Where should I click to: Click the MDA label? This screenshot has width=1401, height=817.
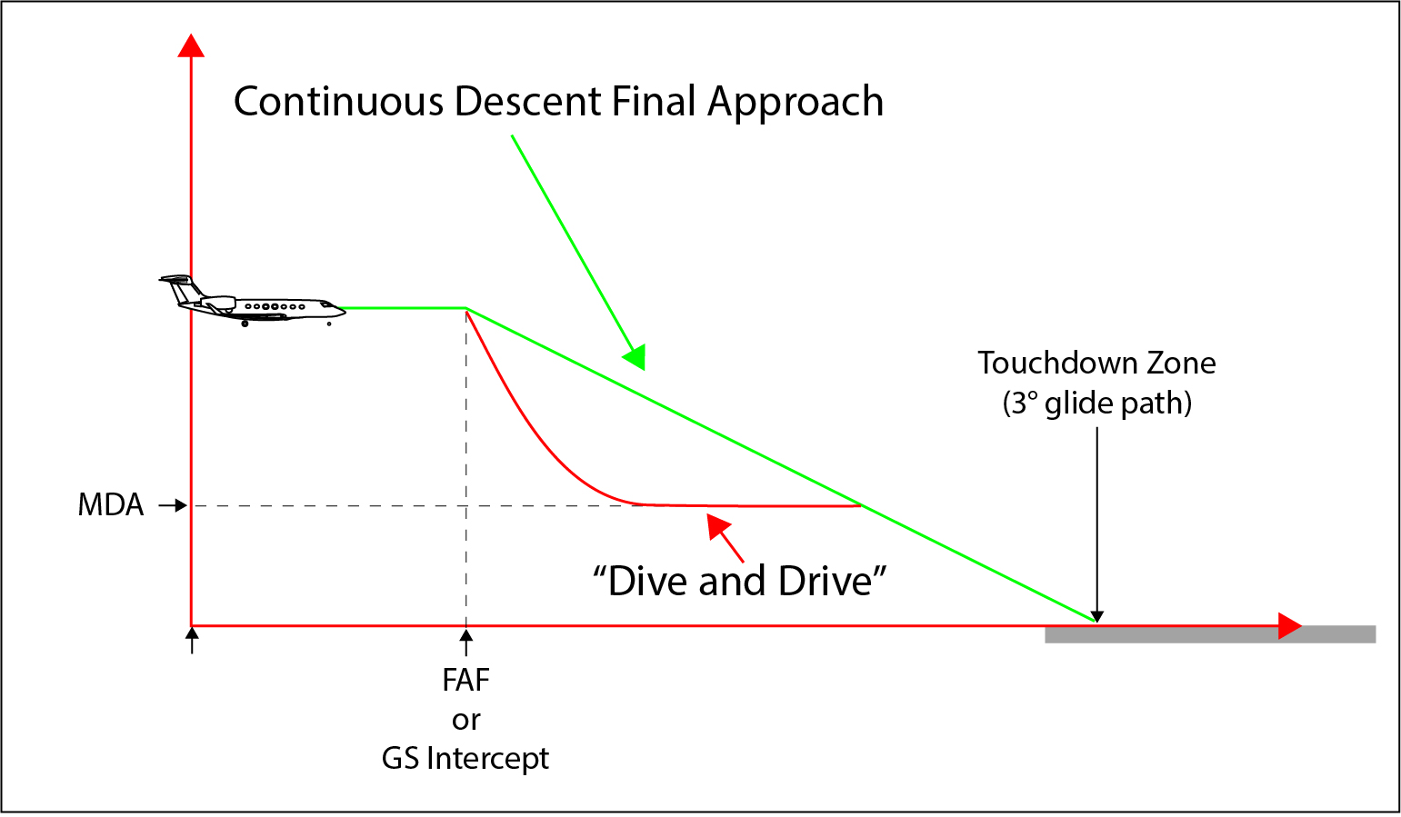point(111,505)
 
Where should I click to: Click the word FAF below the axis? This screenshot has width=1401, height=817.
point(466,680)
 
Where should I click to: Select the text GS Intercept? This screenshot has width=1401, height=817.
point(465,759)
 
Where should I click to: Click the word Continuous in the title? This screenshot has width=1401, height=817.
point(338,101)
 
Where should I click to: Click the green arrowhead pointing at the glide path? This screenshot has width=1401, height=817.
point(635,356)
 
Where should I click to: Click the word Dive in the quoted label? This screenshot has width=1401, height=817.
point(649,582)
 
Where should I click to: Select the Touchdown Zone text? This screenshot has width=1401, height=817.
point(1097,364)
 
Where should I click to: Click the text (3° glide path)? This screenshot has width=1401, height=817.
point(1097,404)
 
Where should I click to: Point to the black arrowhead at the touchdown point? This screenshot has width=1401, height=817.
point(1097,617)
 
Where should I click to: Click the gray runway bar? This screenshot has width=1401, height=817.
point(1210,634)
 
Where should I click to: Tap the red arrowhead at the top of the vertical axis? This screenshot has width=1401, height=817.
point(191,45)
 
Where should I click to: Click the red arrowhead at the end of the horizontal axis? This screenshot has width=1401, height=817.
point(1290,626)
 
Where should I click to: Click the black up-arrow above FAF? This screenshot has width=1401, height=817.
point(466,643)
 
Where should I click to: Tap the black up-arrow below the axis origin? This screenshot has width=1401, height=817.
point(192,640)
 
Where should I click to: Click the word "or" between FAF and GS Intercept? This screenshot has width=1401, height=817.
point(466,720)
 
